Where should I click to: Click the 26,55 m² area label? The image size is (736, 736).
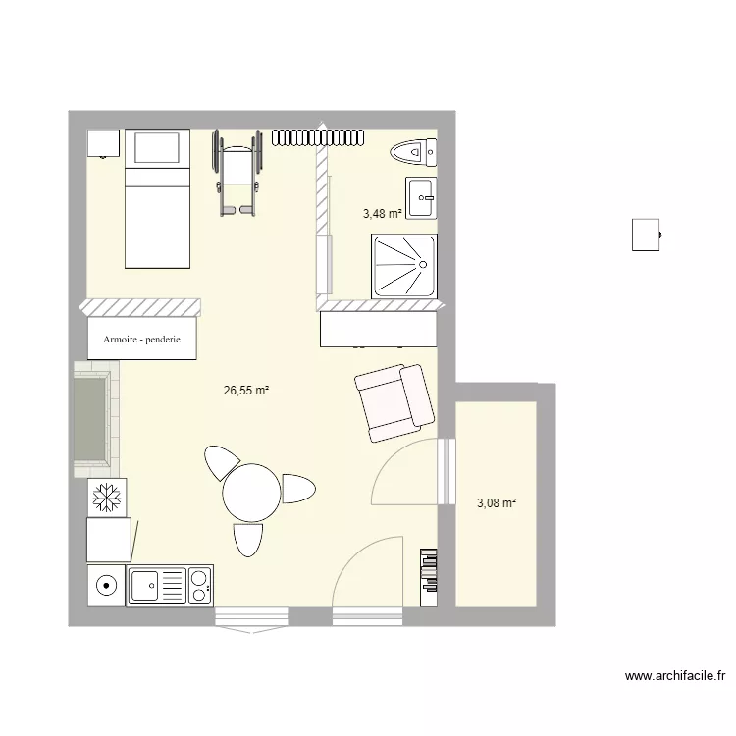pyautogui.click(x=246, y=390)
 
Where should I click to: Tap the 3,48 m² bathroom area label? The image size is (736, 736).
pyautogui.click(x=382, y=213)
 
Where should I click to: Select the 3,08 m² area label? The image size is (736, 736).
pyautogui.click(x=497, y=503)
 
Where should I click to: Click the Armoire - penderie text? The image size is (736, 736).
pyautogui.click(x=141, y=341)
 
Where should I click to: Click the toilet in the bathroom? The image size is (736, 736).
pyautogui.click(x=412, y=152)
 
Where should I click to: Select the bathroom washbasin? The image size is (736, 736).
pyautogui.click(x=421, y=197)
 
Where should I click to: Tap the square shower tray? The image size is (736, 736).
pyautogui.click(x=404, y=264)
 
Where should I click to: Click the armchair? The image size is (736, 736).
pyautogui.click(x=394, y=401)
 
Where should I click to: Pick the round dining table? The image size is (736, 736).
pyautogui.click(x=252, y=493)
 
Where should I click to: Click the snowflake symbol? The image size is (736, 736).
pyautogui.click(x=104, y=498)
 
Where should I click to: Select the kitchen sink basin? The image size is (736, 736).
pyautogui.click(x=145, y=586)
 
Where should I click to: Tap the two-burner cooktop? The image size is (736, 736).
pyautogui.click(x=199, y=586)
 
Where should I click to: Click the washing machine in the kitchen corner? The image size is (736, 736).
pyautogui.click(x=105, y=586)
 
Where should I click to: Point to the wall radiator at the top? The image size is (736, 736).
pyautogui.click(x=319, y=136)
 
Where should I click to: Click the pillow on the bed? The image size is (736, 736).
pyautogui.click(x=158, y=148)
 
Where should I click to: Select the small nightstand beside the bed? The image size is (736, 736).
pyautogui.click(x=103, y=142)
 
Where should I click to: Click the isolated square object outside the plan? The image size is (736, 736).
pyautogui.click(x=645, y=235)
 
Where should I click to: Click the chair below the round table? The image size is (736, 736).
pyautogui.click(x=248, y=539)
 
